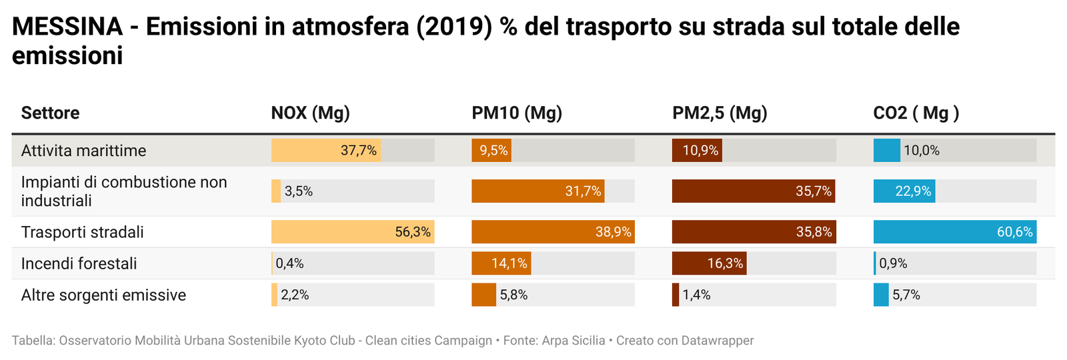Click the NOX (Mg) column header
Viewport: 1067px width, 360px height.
pyautogui.click(x=310, y=113)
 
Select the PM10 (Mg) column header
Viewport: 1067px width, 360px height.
pyautogui.click(x=517, y=113)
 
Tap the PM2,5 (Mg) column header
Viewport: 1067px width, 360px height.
pyautogui.click(x=720, y=113)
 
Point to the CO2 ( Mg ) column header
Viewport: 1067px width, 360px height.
pyautogui.click(x=916, y=113)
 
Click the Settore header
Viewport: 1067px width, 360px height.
pyautogui.click(x=50, y=113)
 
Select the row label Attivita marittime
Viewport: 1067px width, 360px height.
pyautogui.click(x=83, y=151)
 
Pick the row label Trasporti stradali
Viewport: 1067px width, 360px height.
pyautogui.click(x=82, y=232)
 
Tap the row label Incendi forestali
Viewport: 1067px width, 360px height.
pyautogui.click(x=79, y=263)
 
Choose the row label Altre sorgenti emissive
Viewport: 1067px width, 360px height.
pyautogui.click(x=103, y=295)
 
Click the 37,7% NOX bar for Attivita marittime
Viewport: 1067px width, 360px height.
pyautogui.click(x=325, y=151)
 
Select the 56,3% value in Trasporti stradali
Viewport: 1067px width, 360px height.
pyautogui.click(x=413, y=232)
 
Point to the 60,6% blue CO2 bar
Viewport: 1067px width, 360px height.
pyautogui.click(x=954, y=232)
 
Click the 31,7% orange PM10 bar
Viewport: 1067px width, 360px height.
pyautogui.click(x=538, y=191)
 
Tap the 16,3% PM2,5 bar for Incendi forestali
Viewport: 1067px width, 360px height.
pyautogui.click(x=709, y=263)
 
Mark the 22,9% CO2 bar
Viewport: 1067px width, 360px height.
pyautogui.click(x=904, y=191)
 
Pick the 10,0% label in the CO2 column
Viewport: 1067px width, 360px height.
pyautogui.click(x=922, y=151)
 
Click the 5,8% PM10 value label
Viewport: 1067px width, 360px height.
pyautogui.click(x=513, y=295)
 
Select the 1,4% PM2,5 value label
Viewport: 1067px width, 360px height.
pyautogui.click(x=696, y=295)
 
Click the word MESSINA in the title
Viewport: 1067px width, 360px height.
pyautogui.click(x=67, y=27)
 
